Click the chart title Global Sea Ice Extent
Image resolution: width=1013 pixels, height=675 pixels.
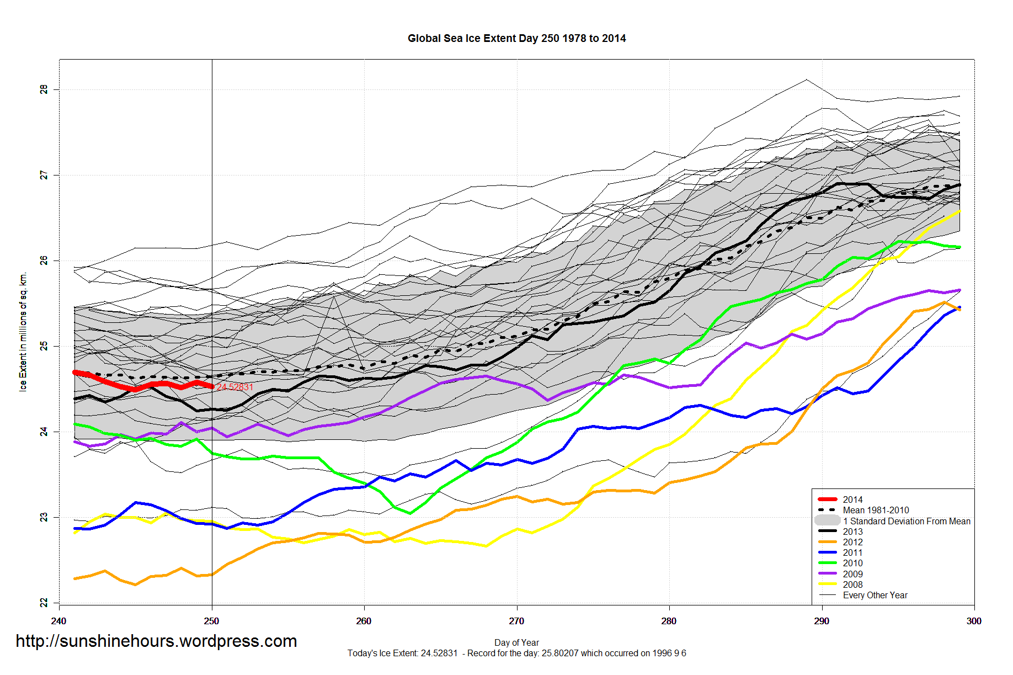point(516,39)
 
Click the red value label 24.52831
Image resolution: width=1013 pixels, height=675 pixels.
point(235,387)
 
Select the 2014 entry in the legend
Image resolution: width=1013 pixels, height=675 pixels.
point(852,499)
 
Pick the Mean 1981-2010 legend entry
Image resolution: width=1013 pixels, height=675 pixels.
point(876,510)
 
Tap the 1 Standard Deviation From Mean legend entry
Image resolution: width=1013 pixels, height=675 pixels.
point(907,521)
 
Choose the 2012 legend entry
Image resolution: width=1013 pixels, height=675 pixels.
point(852,542)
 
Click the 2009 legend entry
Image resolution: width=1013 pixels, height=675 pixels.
point(852,574)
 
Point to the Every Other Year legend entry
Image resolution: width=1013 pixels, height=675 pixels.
point(875,595)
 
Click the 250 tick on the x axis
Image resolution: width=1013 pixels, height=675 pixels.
point(211,621)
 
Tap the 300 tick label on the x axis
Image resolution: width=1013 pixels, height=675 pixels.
point(974,621)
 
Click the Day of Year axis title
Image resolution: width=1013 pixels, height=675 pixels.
point(516,642)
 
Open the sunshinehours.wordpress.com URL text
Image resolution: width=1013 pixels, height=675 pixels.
point(156,641)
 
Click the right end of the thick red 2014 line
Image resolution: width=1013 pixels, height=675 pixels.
point(212,386)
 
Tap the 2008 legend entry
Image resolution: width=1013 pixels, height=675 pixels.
point(852,584)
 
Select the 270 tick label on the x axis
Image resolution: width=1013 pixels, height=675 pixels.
point(516,621)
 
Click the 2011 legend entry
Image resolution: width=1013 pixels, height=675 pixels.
point(852,552)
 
